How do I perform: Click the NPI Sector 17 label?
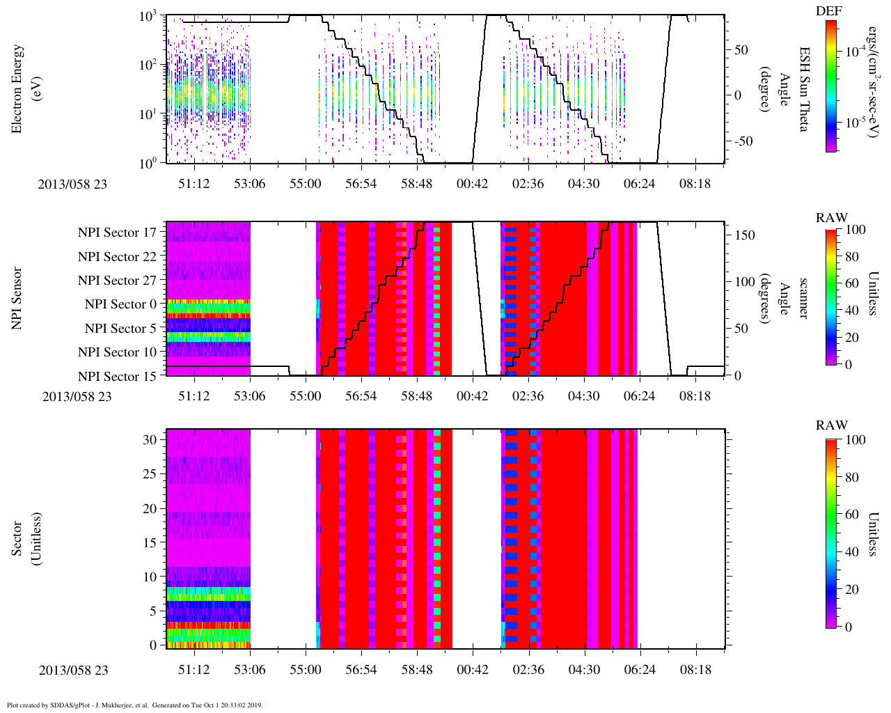click(x=118, y=233)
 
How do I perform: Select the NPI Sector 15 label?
click(x=118, y=376)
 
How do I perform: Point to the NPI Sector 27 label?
click(x=118, y=281)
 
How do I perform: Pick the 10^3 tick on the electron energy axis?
click(x=148, y=17)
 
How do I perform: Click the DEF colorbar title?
click(x=829, y=11)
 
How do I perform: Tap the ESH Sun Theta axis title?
click(x=804, y=89)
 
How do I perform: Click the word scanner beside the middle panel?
click(x=804, y=298)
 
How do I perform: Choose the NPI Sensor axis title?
click(x=17, y=298)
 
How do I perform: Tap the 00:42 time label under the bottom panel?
click(x=473, y=670)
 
